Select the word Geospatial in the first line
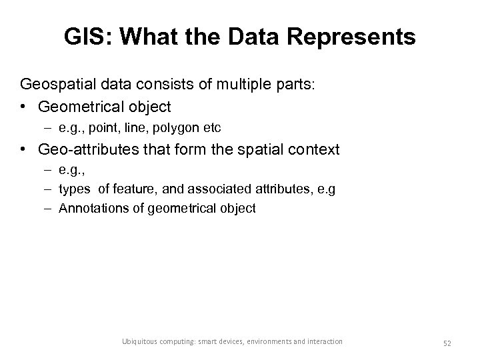pos(57,85)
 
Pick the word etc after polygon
pos(211,126)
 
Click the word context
pos(315,149)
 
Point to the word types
pos(73,189)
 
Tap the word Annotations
pos(90,208)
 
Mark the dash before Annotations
pos(49,208)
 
